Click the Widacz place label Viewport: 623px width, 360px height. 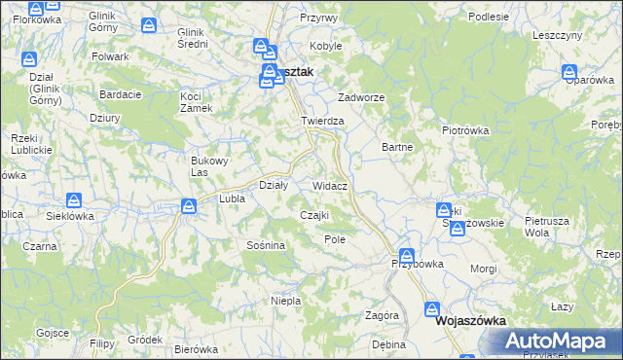(x=331, y=185)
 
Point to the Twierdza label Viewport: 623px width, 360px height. (x=323, y=121)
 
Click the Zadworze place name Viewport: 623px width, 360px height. (x=361, y=98)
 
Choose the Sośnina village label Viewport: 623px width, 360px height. (x=265, y=245)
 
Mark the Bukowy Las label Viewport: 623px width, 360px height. (x=207, y=166)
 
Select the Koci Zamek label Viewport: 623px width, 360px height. (x=197, y=101)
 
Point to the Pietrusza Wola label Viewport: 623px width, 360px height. (x=545, y=227)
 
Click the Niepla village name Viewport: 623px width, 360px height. (x=285, y=301)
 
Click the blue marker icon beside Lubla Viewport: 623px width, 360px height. (x=189, y=204)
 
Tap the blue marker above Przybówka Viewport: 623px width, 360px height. (x=406, y=255)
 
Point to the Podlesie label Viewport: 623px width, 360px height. (x=488, y=17)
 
